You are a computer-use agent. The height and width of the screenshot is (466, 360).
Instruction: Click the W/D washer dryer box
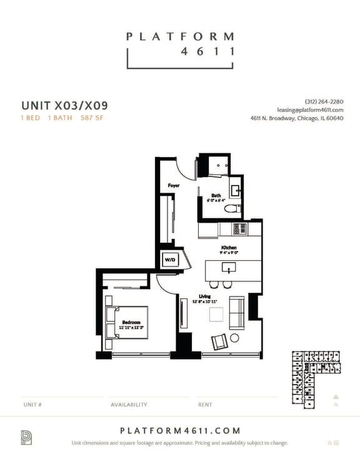[x=169, y=258]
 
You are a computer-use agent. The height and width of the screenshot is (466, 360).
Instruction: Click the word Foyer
[x=174, y=186]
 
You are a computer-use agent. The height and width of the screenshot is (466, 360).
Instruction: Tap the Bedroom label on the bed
[x=131, y=323]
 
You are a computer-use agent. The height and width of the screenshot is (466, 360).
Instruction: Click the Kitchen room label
[x=229, y=248]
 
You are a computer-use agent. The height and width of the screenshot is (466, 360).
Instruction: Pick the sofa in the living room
[x=237, y=313]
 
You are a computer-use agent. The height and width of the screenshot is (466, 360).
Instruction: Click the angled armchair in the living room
[x=219, y=342]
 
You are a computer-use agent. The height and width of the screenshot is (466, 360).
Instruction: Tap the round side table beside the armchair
[x=235, y=338]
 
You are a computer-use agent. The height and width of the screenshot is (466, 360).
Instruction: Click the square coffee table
[x=216, y=314]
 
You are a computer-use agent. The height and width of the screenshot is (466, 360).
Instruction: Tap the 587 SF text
[x=91, y=118]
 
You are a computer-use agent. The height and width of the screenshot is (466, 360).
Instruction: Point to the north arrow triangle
[x=336, y=396]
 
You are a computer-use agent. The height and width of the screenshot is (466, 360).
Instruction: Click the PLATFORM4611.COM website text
[x=180, y=430]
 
